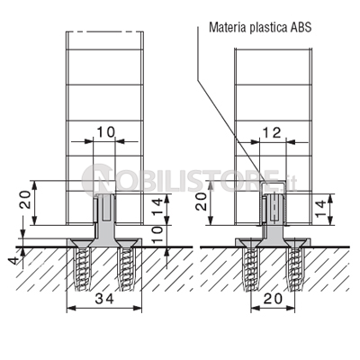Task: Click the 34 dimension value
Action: click(x=105, y=299)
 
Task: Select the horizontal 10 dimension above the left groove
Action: click(x=106, y=131)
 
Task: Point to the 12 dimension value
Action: click(x=272, y=133)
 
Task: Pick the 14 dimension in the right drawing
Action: click(x=320, y=210)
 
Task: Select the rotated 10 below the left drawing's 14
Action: click(x=158, y=234)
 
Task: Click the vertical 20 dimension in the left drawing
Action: click(x=25, y=201)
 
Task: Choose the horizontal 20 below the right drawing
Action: click(x=273, y=299)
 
